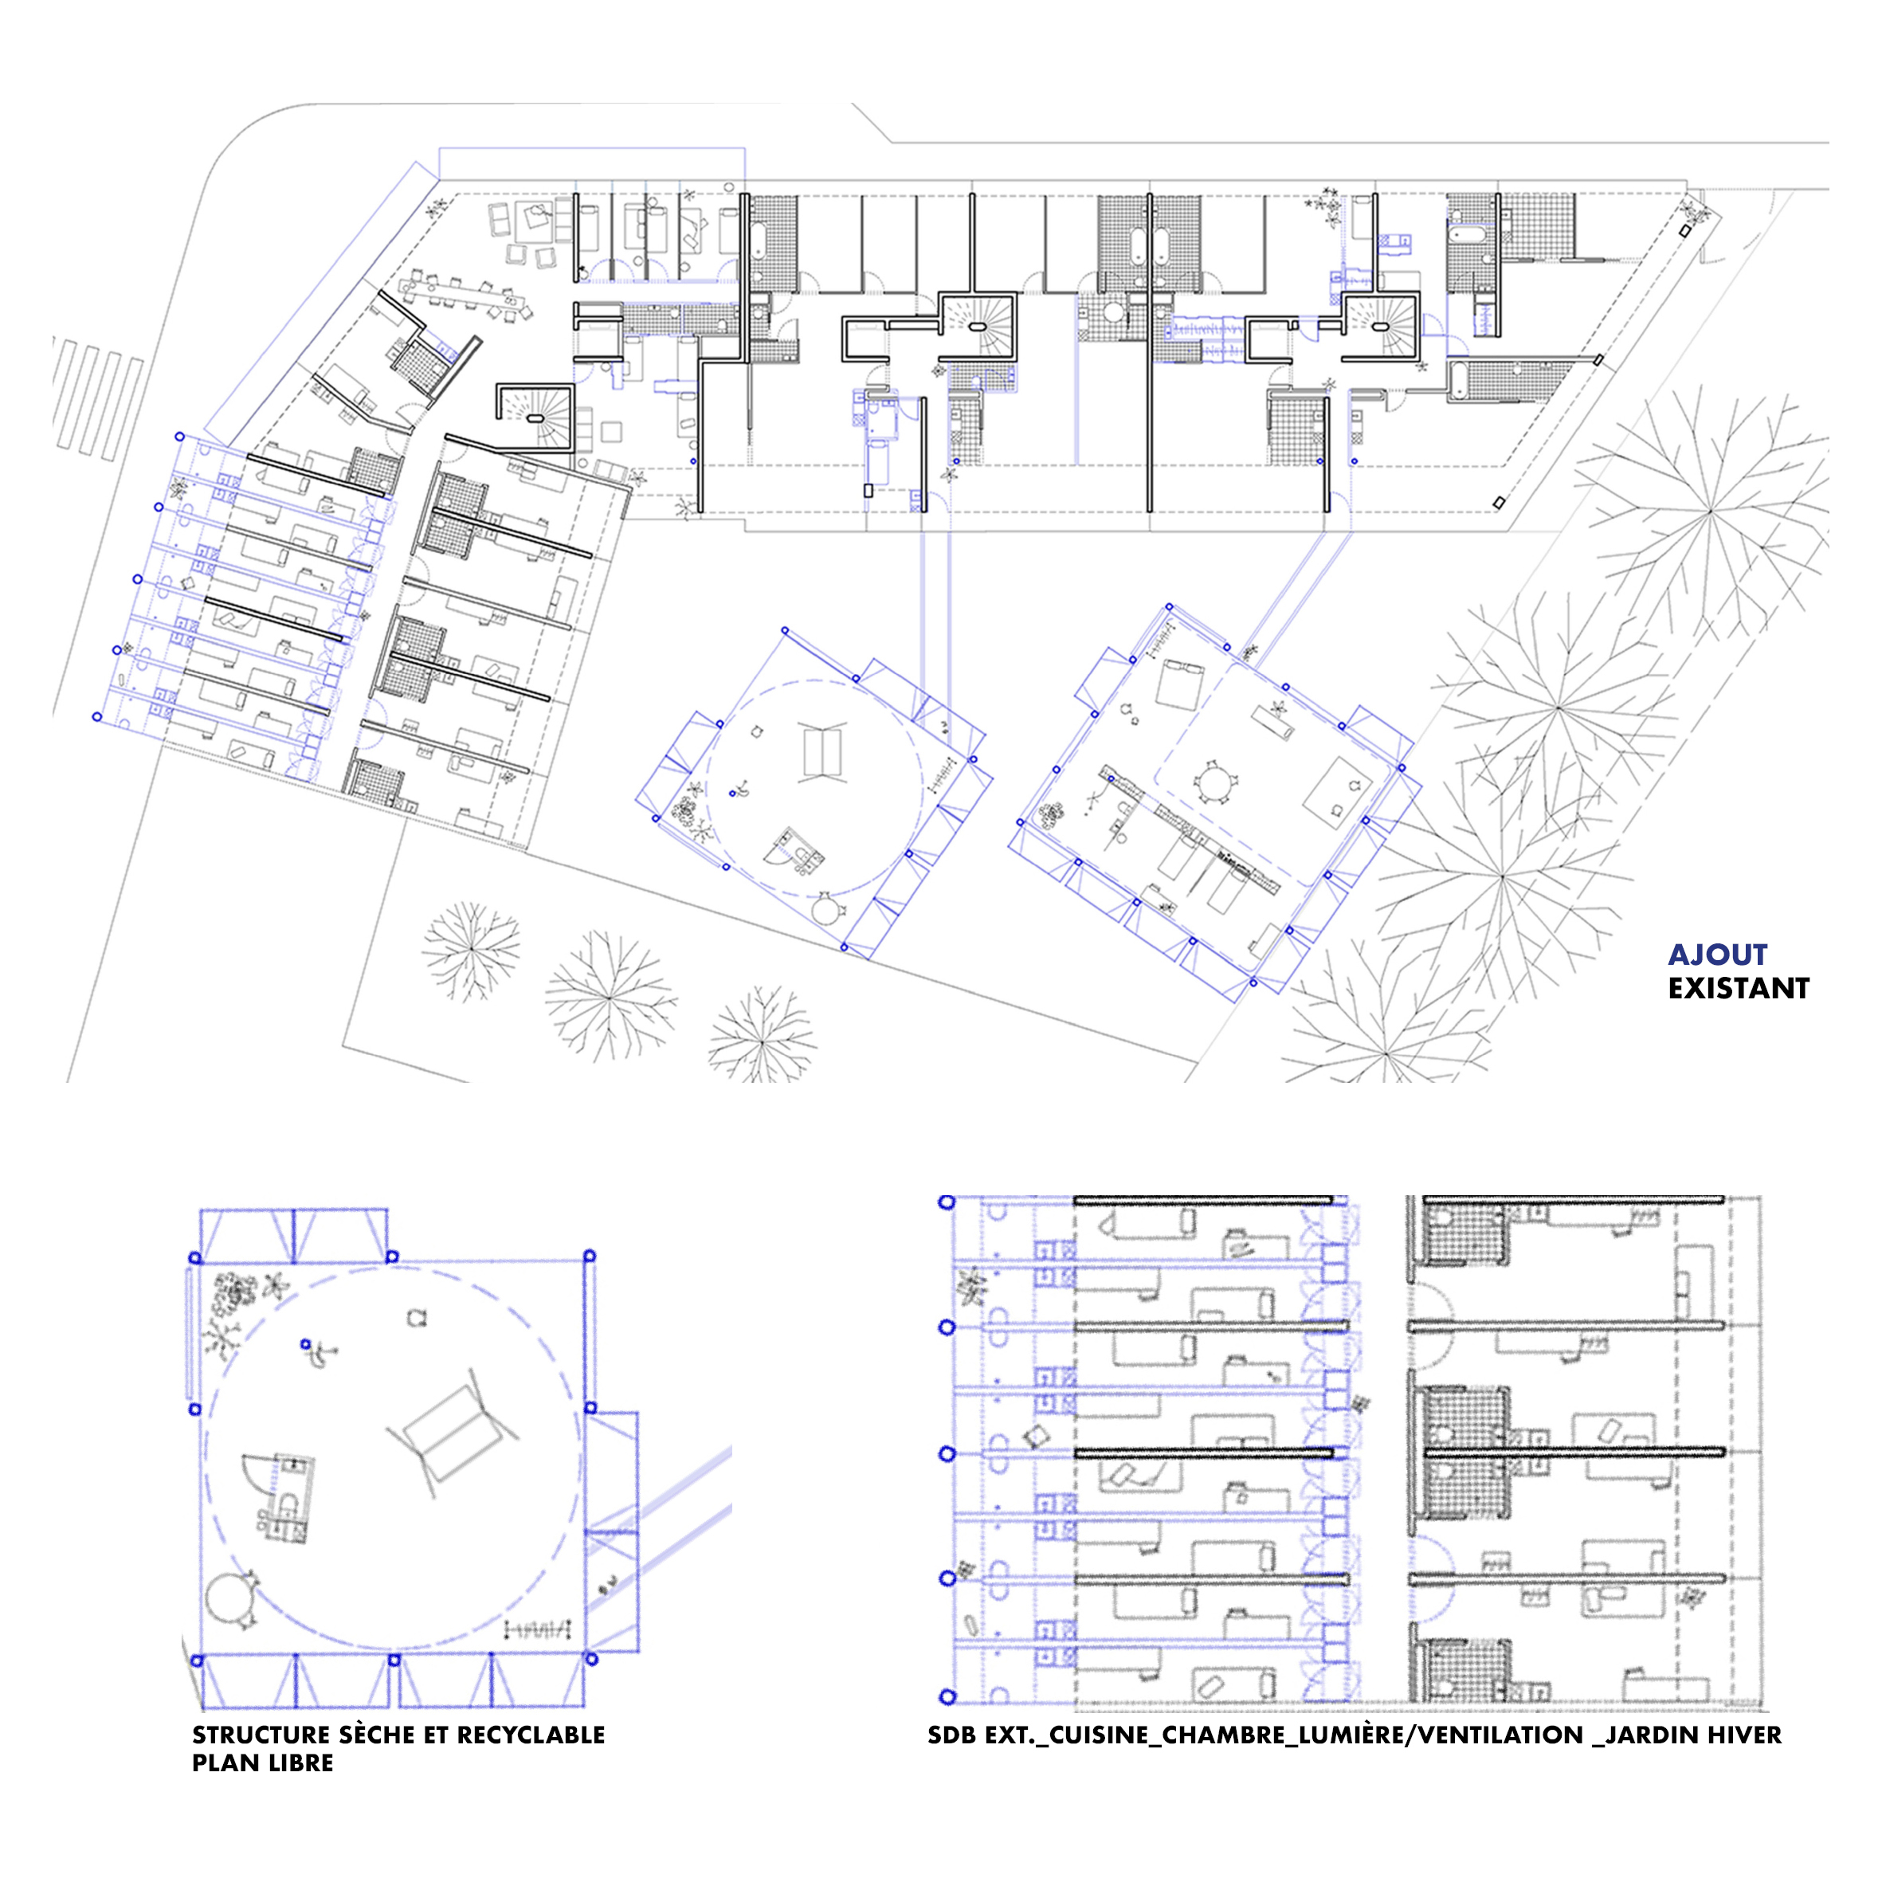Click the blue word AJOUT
click(x=1717, y=955)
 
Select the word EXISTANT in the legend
click(x=1739, y=989)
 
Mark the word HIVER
click(x=1743, y=1735)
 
